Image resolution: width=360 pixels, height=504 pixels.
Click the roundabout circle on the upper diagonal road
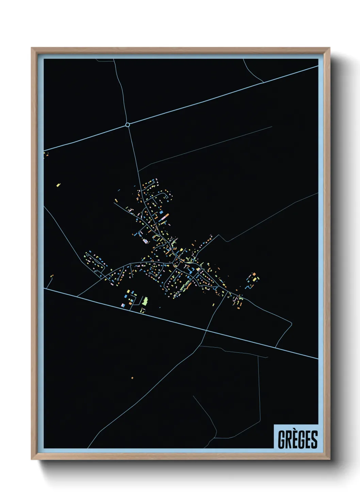point(128,125)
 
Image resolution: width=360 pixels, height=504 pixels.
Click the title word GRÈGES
point(297,439)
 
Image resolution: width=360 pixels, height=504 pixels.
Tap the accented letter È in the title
point(295,439)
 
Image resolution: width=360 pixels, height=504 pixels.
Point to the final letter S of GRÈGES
point(314,440)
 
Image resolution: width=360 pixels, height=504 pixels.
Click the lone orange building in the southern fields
point(132,378)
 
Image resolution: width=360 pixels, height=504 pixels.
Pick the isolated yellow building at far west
point(58,185)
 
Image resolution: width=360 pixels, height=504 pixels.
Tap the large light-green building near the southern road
point(145,301)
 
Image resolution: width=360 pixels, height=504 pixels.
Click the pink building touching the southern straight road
point(123,305)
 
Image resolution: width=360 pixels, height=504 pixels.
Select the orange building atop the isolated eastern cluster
point(253,274)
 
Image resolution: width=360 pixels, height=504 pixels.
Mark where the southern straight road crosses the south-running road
point(206,330)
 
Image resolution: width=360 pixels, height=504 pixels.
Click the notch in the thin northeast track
point(227,241)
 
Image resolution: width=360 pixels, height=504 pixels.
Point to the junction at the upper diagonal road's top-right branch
point(263,82)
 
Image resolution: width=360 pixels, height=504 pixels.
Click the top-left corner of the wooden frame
point(32,48)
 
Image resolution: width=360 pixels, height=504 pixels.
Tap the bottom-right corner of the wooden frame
point(329,459)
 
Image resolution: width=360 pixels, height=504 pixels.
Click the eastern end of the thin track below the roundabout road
point(272,127)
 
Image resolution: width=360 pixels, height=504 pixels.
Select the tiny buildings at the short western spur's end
point(52,276)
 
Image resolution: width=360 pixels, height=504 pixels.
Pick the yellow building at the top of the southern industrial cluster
point(129,291)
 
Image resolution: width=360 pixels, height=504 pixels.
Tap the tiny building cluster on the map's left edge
point(46,154)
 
